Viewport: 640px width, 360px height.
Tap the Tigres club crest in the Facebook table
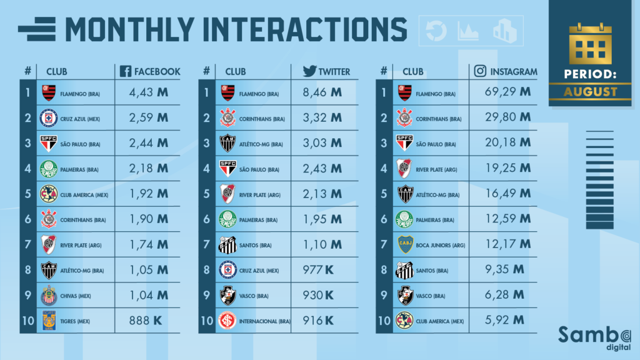pos(48,320)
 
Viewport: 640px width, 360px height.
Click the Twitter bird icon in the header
pos(309,71)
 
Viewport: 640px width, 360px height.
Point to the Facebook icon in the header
pos(125,71)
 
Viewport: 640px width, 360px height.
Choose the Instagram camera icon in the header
pos(481,71)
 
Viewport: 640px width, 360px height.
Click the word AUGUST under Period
pos(591,92)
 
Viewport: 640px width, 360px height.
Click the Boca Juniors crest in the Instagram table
pos(406,244)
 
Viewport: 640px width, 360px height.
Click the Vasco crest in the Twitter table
pos(227,295)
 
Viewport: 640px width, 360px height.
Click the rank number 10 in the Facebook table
pos(27,320)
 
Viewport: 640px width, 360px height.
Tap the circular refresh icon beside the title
pos(436,31)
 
